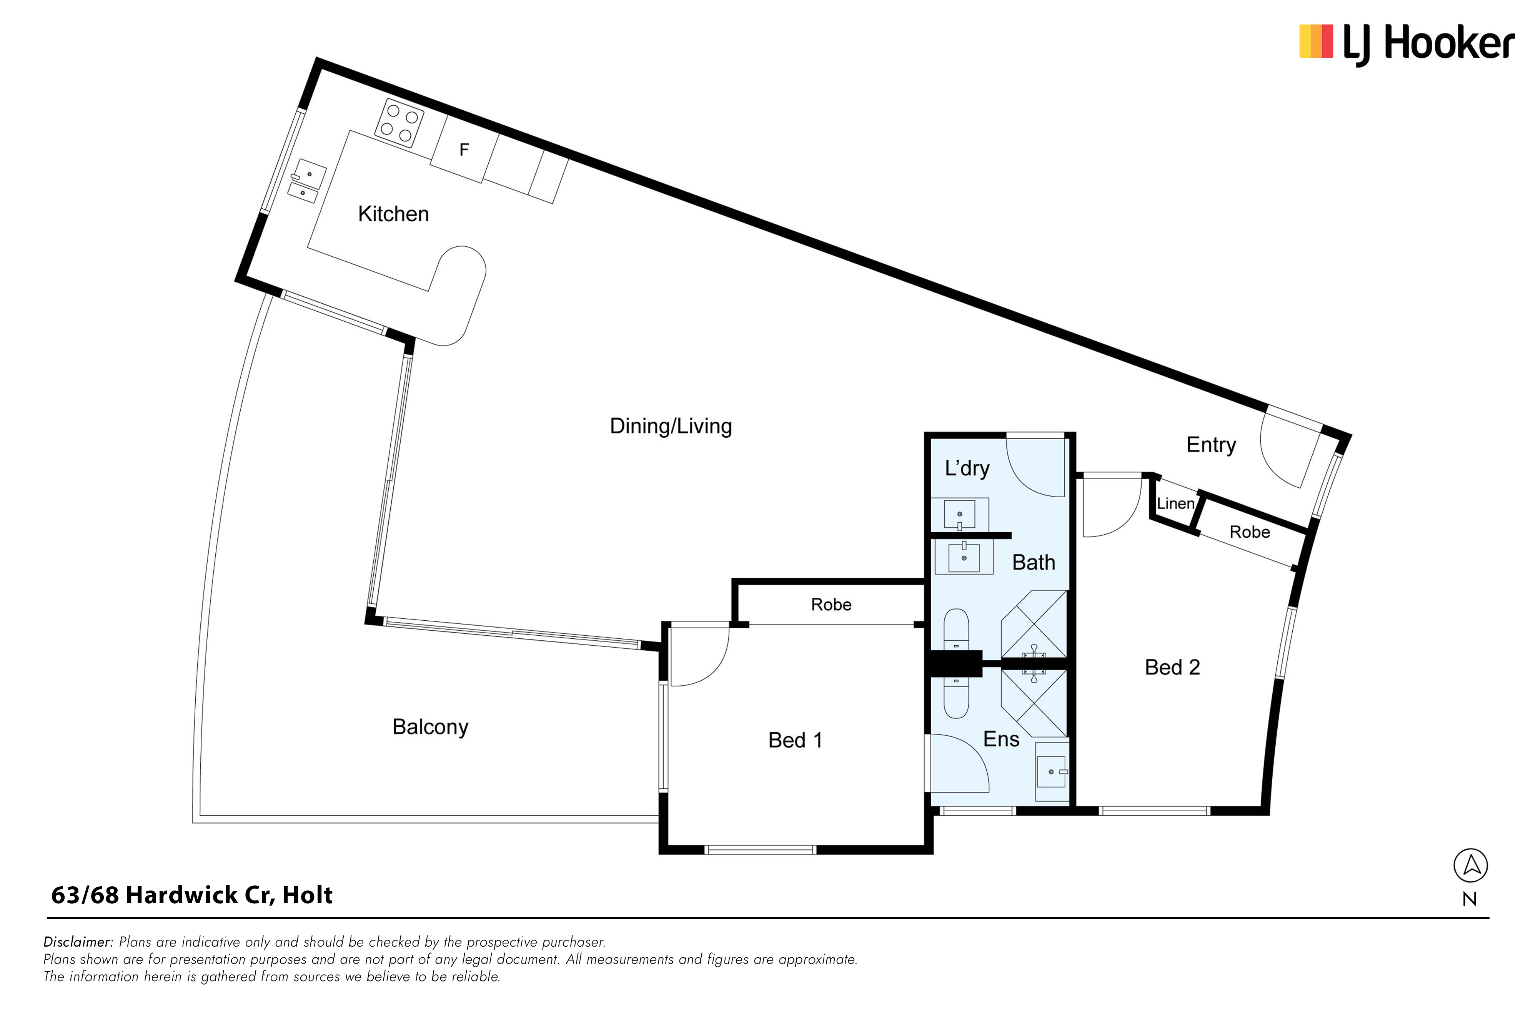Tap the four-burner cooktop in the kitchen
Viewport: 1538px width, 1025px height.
(399, 123)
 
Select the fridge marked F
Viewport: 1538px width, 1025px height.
(464, 150)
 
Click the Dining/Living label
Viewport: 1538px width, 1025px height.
(671, 426)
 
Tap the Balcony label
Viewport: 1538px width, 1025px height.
(430, 727)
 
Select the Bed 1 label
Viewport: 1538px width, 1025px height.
(795, 740)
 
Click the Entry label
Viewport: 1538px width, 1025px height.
(1211, 445)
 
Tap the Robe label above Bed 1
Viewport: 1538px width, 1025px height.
(831, 605)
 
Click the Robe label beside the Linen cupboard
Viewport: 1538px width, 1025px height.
(1250, 532)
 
